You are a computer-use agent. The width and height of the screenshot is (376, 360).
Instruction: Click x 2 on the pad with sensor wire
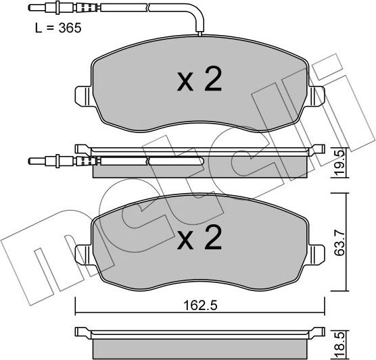click(199, 82)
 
